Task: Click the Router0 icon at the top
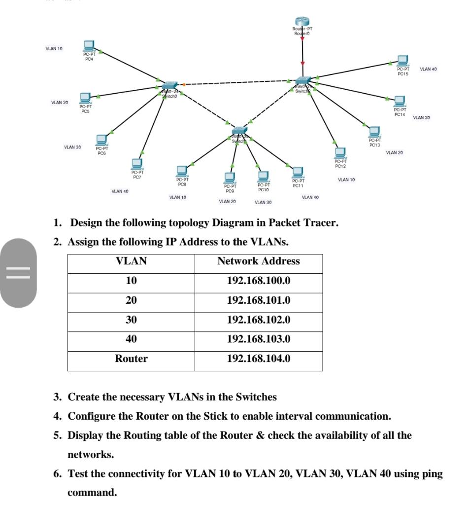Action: point(302,21)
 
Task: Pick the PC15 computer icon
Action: point(403,60)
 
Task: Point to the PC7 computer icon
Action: point(137,163)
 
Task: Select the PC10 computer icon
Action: point(264,176)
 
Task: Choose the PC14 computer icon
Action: point(400,100)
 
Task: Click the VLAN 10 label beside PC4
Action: point(54,49)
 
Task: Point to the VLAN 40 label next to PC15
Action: point(428,70)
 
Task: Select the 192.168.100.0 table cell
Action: point(258,281)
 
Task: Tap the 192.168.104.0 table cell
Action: point(258,359)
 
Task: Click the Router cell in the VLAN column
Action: point(131,359)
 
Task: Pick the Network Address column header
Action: point(258,261)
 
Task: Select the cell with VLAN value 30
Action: point(131,320)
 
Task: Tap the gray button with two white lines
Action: point(18,273)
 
